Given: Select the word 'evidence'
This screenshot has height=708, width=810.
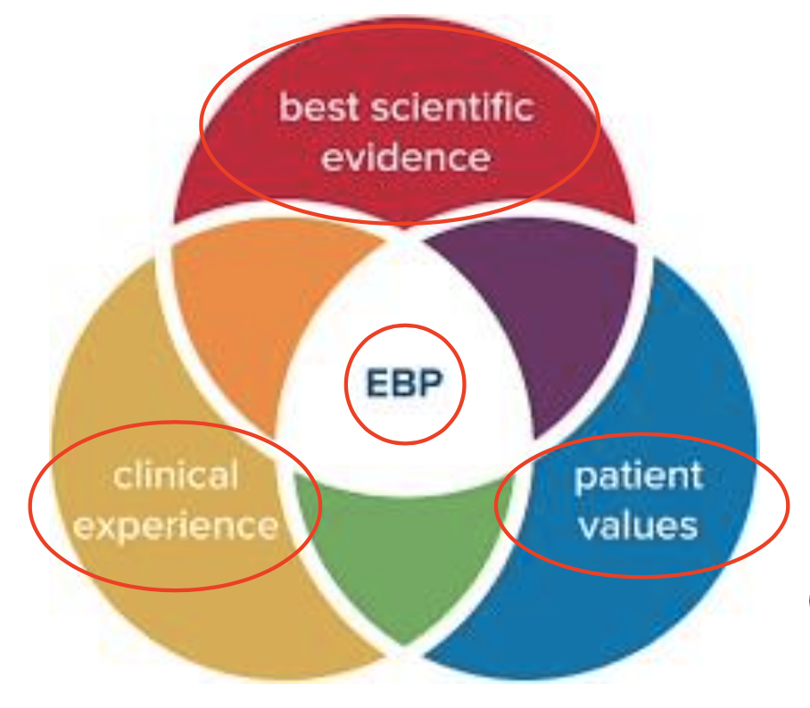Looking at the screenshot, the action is [x=406, y=158].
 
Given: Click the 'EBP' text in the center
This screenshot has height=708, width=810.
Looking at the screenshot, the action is [x=405, y=384].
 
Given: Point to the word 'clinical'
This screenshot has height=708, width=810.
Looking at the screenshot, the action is [x=176, y=475].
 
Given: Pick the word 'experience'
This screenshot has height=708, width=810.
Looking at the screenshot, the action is [x=176, y=525].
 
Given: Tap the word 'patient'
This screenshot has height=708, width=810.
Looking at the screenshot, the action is [x=639, y=475].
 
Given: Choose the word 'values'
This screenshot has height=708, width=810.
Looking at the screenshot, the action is [x=638, y=525].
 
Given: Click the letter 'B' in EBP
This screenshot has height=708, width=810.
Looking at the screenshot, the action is [x=405, y=384].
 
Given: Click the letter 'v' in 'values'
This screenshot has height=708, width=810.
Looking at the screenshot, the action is [x=588, y=526].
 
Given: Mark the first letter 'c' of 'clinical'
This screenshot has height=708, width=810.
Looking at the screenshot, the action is [x=123, y=476].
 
